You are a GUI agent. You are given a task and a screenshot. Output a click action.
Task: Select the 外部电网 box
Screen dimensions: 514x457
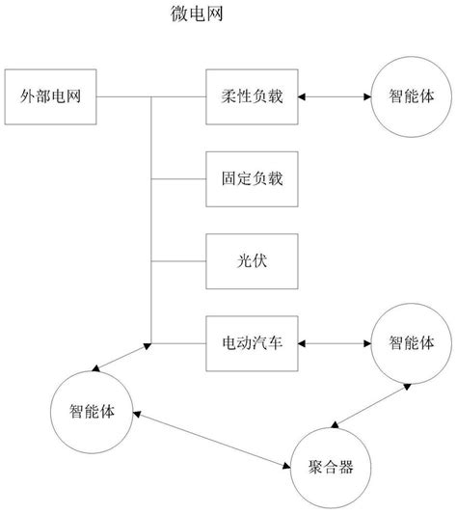point(52,97)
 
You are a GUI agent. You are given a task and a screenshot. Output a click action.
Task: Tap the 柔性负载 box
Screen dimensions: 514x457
point(253,97)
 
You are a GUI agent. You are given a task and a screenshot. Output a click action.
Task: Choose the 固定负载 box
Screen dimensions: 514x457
point(253,178)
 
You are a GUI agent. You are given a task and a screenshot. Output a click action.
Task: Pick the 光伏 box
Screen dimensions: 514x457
point(253,259)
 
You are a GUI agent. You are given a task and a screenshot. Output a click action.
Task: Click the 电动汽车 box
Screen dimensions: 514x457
point(253,341)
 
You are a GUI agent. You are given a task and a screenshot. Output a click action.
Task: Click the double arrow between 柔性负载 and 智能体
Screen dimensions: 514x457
point(336,97)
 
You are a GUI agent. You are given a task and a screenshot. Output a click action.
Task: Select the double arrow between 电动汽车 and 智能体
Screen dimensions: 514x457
point(336,341)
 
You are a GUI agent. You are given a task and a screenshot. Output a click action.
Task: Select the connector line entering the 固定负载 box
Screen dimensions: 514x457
point(179,178)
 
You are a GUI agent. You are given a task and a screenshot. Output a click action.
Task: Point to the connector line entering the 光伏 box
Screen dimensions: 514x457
point(179,259)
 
